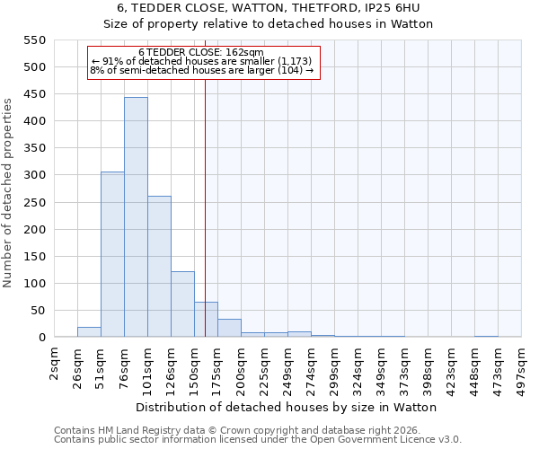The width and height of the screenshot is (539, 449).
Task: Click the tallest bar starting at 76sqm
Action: (136, 217)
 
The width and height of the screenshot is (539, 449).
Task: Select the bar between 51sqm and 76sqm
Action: (112, 254)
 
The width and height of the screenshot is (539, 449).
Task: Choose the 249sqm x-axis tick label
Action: (288, 365)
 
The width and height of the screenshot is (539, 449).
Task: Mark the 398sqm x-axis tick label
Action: (429, 365)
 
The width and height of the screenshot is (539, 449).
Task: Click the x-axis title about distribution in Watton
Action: (287, 407)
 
